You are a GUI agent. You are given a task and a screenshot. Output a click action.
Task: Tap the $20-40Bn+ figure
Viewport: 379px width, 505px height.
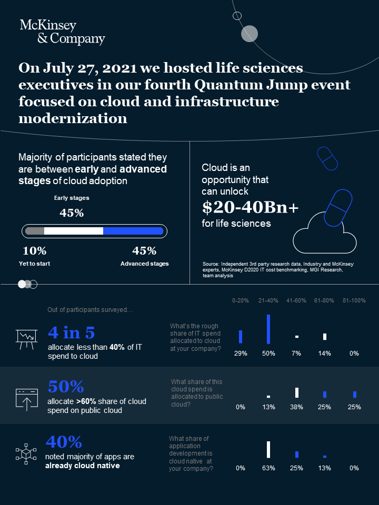250,208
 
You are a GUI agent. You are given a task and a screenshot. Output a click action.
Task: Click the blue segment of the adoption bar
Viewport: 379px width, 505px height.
133,231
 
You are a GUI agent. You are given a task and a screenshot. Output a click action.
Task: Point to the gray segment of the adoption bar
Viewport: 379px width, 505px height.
35,231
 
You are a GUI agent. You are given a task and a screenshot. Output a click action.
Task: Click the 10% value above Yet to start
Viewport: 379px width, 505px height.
34,251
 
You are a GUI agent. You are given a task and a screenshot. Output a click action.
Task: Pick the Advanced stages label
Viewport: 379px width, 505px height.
144,264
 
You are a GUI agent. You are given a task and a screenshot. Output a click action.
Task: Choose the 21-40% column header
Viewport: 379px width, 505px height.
268,300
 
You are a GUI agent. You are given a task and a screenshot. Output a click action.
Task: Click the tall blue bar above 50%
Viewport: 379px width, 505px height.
268,329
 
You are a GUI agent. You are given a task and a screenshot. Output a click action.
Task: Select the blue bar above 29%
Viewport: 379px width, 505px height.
241,337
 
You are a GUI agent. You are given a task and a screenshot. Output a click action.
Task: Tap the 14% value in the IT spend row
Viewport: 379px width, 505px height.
324,353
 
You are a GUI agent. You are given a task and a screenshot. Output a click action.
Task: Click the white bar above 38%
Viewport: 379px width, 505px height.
297,392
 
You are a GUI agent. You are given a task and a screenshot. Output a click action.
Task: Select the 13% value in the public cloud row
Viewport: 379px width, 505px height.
268,407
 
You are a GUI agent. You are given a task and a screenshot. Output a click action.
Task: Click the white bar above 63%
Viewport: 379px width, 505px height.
268,449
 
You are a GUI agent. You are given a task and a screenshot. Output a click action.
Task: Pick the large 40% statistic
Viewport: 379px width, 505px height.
64,441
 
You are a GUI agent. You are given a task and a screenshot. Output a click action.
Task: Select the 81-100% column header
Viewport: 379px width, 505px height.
354,300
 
